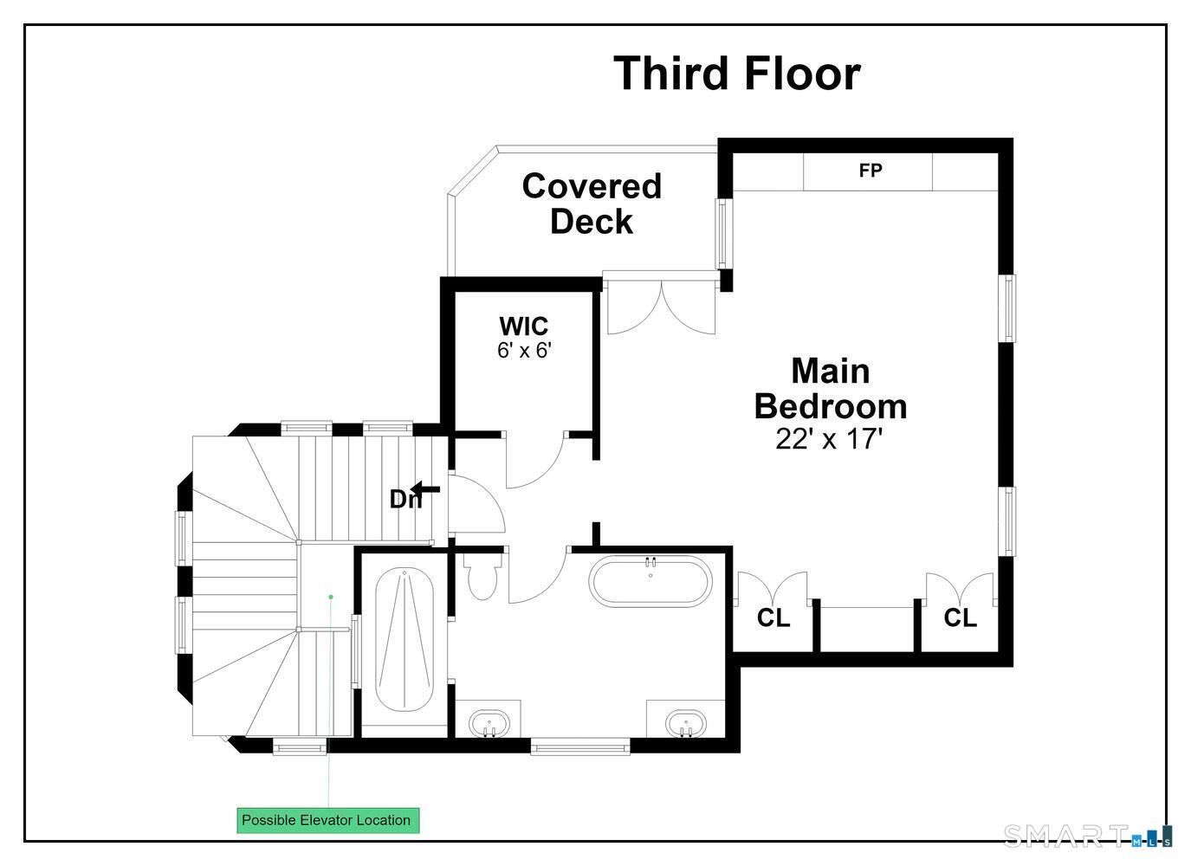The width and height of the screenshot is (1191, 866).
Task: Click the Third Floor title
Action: (x=737, y=74)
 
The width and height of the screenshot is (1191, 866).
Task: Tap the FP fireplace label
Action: (x=871, y=170)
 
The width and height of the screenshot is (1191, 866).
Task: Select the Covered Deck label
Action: (x=592, y=204)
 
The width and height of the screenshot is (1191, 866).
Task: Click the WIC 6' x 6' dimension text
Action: (x=524, y=351)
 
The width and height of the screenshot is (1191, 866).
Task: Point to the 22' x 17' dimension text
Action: (x=829, y=439)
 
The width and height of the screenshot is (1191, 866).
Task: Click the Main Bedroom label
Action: (x=831, y=389)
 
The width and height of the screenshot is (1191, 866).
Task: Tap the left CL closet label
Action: (x=774, y=617)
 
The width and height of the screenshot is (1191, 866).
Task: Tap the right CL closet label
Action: (x=961, y=617)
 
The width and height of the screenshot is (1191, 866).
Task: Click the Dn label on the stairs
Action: (x=405, y=500)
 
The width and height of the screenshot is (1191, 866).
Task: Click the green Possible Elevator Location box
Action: (x=328, y=820)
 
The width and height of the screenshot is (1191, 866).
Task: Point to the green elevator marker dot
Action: (x=331, y=597)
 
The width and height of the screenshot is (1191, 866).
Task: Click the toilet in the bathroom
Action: (x=482, y=578)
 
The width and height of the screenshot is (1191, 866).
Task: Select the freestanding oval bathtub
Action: (x=651, y=581)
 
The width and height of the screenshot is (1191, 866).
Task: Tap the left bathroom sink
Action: (x=489, y=723)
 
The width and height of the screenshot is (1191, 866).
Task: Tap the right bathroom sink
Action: (x=686, y=723)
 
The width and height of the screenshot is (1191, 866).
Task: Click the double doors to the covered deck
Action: (x=662, y=307)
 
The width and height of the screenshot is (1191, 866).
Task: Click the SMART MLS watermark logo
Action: (x=1087, y=837)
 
